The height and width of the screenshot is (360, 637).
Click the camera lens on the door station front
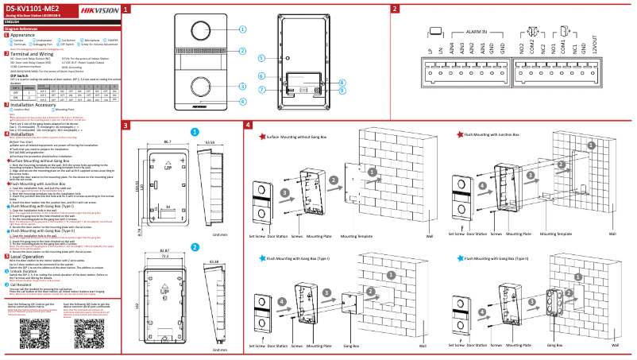199,32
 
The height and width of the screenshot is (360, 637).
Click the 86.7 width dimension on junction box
168,141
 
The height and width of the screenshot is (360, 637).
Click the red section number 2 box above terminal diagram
395,9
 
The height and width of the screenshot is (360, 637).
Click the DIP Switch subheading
21,76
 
